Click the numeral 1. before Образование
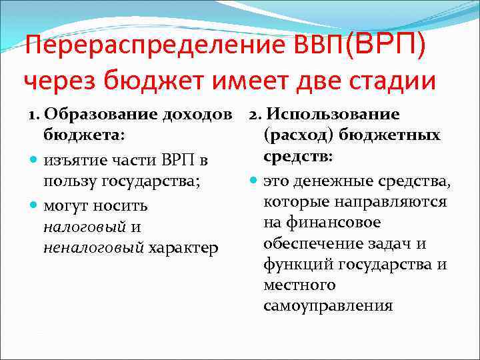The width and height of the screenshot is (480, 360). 34,114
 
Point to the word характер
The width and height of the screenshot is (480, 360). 184,248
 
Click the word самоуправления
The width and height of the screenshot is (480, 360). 329,307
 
